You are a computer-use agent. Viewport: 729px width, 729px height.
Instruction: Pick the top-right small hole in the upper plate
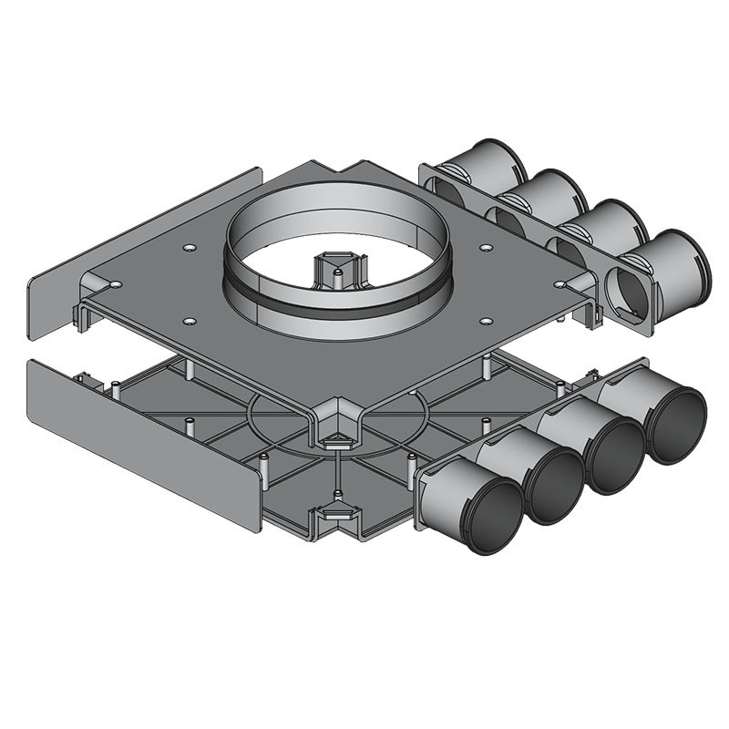[486, 247]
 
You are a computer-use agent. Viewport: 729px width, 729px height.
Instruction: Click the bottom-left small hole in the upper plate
[189, 321]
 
